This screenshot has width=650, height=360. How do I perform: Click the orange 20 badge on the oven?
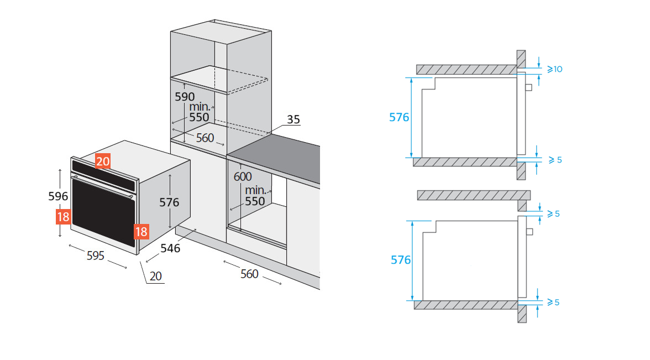pos(103,161)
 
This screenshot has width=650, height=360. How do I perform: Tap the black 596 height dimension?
pos(58,196)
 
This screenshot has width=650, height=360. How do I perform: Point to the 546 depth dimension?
pos(170,248)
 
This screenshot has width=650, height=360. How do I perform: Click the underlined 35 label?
pos(293,119)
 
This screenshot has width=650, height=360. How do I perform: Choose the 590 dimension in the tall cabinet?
pos(185,96)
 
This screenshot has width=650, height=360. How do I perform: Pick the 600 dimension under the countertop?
pos(243,176)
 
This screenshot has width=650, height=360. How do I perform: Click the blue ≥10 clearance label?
pos(554,69)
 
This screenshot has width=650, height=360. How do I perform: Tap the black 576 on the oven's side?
pos(169,202)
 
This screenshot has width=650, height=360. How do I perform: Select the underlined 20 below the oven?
pos(156,276)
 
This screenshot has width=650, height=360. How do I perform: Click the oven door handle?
pos(102,186)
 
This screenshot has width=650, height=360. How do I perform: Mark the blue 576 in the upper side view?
pos(399,117)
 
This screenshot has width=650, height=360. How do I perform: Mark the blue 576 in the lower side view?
pos(401,259)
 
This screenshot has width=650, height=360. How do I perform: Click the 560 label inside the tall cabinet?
pos(205,138)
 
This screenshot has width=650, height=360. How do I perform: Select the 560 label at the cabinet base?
pos(249,274)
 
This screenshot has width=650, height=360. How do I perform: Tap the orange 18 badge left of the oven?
pos(63,216)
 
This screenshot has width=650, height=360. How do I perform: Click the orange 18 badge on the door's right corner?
pos(141,231)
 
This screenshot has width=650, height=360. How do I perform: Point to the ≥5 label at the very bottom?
pos(554,302)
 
